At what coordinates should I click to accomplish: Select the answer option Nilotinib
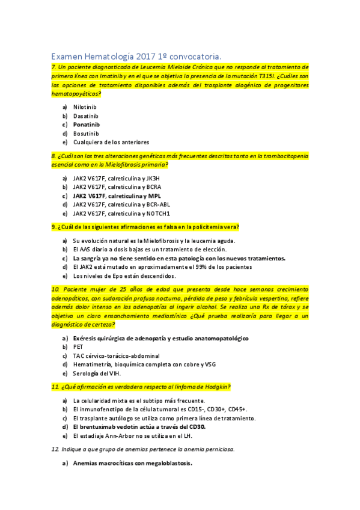[85, 106]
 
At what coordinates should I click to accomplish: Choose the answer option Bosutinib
[86, 134]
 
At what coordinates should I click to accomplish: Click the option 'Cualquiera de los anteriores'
[111, 143]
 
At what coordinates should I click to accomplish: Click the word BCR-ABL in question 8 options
[159, 204]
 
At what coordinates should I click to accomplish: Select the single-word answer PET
[78, 347]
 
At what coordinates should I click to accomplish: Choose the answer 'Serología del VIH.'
[97, 373]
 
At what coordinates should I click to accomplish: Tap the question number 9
[53, 227]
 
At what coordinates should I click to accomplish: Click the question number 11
[55, 387]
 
